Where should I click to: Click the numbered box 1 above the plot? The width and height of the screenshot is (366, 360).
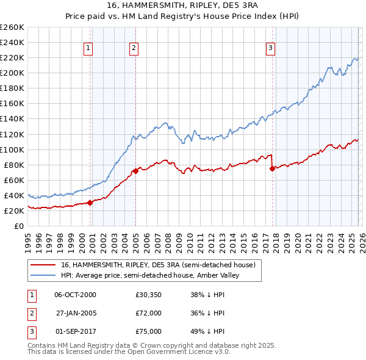[88, 48]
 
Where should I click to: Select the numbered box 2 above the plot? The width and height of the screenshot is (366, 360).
[134, 48]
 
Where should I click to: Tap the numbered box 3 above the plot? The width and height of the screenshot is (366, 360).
[270, 48]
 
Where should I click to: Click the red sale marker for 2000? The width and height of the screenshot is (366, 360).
[90, 203]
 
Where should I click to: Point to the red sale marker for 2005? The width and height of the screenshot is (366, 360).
[135, 171]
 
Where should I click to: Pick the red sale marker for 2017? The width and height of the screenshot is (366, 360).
[272, 168]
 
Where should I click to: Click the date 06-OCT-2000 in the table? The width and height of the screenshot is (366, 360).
[75, 295]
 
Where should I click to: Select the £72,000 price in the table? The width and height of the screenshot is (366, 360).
[148, 313]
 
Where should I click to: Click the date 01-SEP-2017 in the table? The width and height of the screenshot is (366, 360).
[75, 331]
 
